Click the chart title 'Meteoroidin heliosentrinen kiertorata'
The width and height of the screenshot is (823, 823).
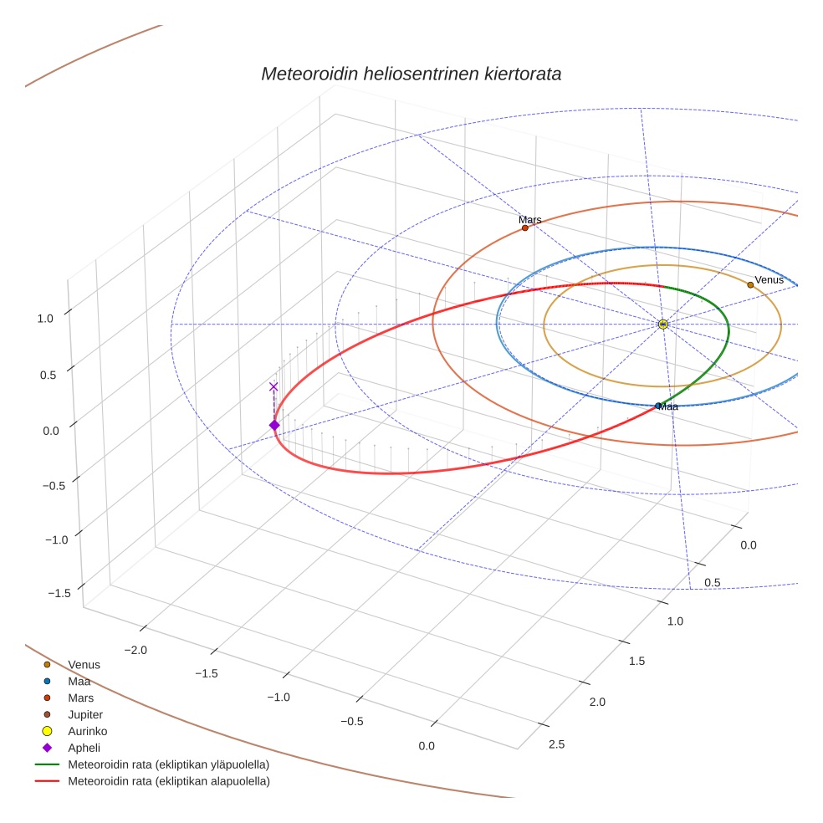click(x=411, y=74)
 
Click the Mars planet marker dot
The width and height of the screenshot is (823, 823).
click(x=524, y=227)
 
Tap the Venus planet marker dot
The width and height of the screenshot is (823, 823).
click(x=750, y=284)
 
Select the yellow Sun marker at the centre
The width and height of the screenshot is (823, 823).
click(x=662, y=324)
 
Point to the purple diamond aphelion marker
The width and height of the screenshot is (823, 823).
click(x=273, y=426)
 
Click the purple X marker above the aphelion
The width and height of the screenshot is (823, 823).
click(x=273, y=386)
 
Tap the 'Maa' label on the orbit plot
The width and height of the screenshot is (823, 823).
click(x=668, y=407)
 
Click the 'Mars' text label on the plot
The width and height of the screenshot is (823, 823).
click(x=529, y=220)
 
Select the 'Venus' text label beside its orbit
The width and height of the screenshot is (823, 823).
click(x=769, y=279)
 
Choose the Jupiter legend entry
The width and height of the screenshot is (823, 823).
click(x=85, y=714)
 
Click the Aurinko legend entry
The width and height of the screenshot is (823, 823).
click(x=87, y=731)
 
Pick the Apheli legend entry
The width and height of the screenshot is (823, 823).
click(x=84, y=748)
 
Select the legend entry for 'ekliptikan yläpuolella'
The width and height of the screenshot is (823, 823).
click(x=168, y=764)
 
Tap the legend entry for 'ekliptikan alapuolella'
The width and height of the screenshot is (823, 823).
click(x=168, y=781)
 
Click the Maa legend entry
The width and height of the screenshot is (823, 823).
click(x=79, y=681)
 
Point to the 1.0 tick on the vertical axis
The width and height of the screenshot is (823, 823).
click(x=44, y=318)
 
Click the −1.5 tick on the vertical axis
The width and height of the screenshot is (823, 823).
click(x=59, y=593)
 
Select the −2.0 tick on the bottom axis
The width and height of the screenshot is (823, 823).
click(x=135, y=650)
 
